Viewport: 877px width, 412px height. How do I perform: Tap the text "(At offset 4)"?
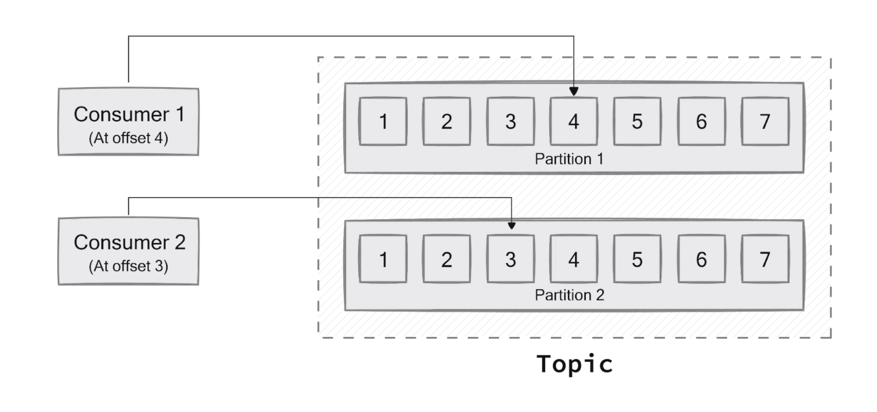128,138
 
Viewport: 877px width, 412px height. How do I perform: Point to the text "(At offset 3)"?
128,266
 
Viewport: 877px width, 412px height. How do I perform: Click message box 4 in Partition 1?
573,122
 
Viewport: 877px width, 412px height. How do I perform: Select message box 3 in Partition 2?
510,259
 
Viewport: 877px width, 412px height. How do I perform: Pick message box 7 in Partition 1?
765,122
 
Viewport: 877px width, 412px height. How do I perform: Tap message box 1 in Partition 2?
383,259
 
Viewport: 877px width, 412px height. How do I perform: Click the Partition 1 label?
569,159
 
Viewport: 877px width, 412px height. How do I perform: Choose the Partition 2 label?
569,295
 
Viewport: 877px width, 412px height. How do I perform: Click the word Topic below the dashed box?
574,364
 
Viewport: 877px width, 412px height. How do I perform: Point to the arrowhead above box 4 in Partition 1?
573,91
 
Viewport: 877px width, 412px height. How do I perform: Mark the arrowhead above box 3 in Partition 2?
512,225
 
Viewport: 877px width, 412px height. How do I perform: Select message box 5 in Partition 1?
637,122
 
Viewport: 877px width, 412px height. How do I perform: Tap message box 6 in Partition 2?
701,259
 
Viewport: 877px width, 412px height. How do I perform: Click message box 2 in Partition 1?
447,122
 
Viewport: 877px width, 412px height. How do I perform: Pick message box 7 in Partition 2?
765,259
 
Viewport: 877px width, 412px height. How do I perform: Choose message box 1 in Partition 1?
383,122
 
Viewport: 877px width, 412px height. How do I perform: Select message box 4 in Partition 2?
573,259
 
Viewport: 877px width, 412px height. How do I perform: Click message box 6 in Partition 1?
701,122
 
